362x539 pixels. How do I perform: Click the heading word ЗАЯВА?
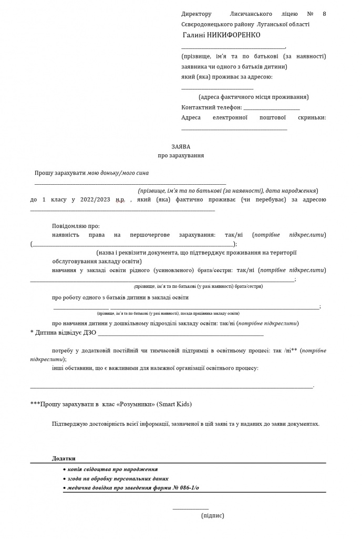(x=181, y=146)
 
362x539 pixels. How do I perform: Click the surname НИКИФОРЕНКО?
(x=230, y=35)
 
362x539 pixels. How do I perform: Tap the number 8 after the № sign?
(x=324, y=14)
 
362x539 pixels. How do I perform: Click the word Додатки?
(x=64, y=458)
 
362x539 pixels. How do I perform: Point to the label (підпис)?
(x=212, y=516)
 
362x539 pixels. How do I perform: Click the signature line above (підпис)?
(x=190, y=508)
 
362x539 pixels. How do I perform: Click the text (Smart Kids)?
(x=174, y=404)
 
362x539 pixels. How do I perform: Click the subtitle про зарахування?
(x=181, y=156)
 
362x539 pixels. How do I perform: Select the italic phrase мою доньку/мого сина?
(x=118, y=173)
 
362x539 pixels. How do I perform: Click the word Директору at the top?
(x=196, y=14)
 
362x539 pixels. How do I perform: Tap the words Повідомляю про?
(x=76, y=226)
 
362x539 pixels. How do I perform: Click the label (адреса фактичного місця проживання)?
(x=253, y=97)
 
